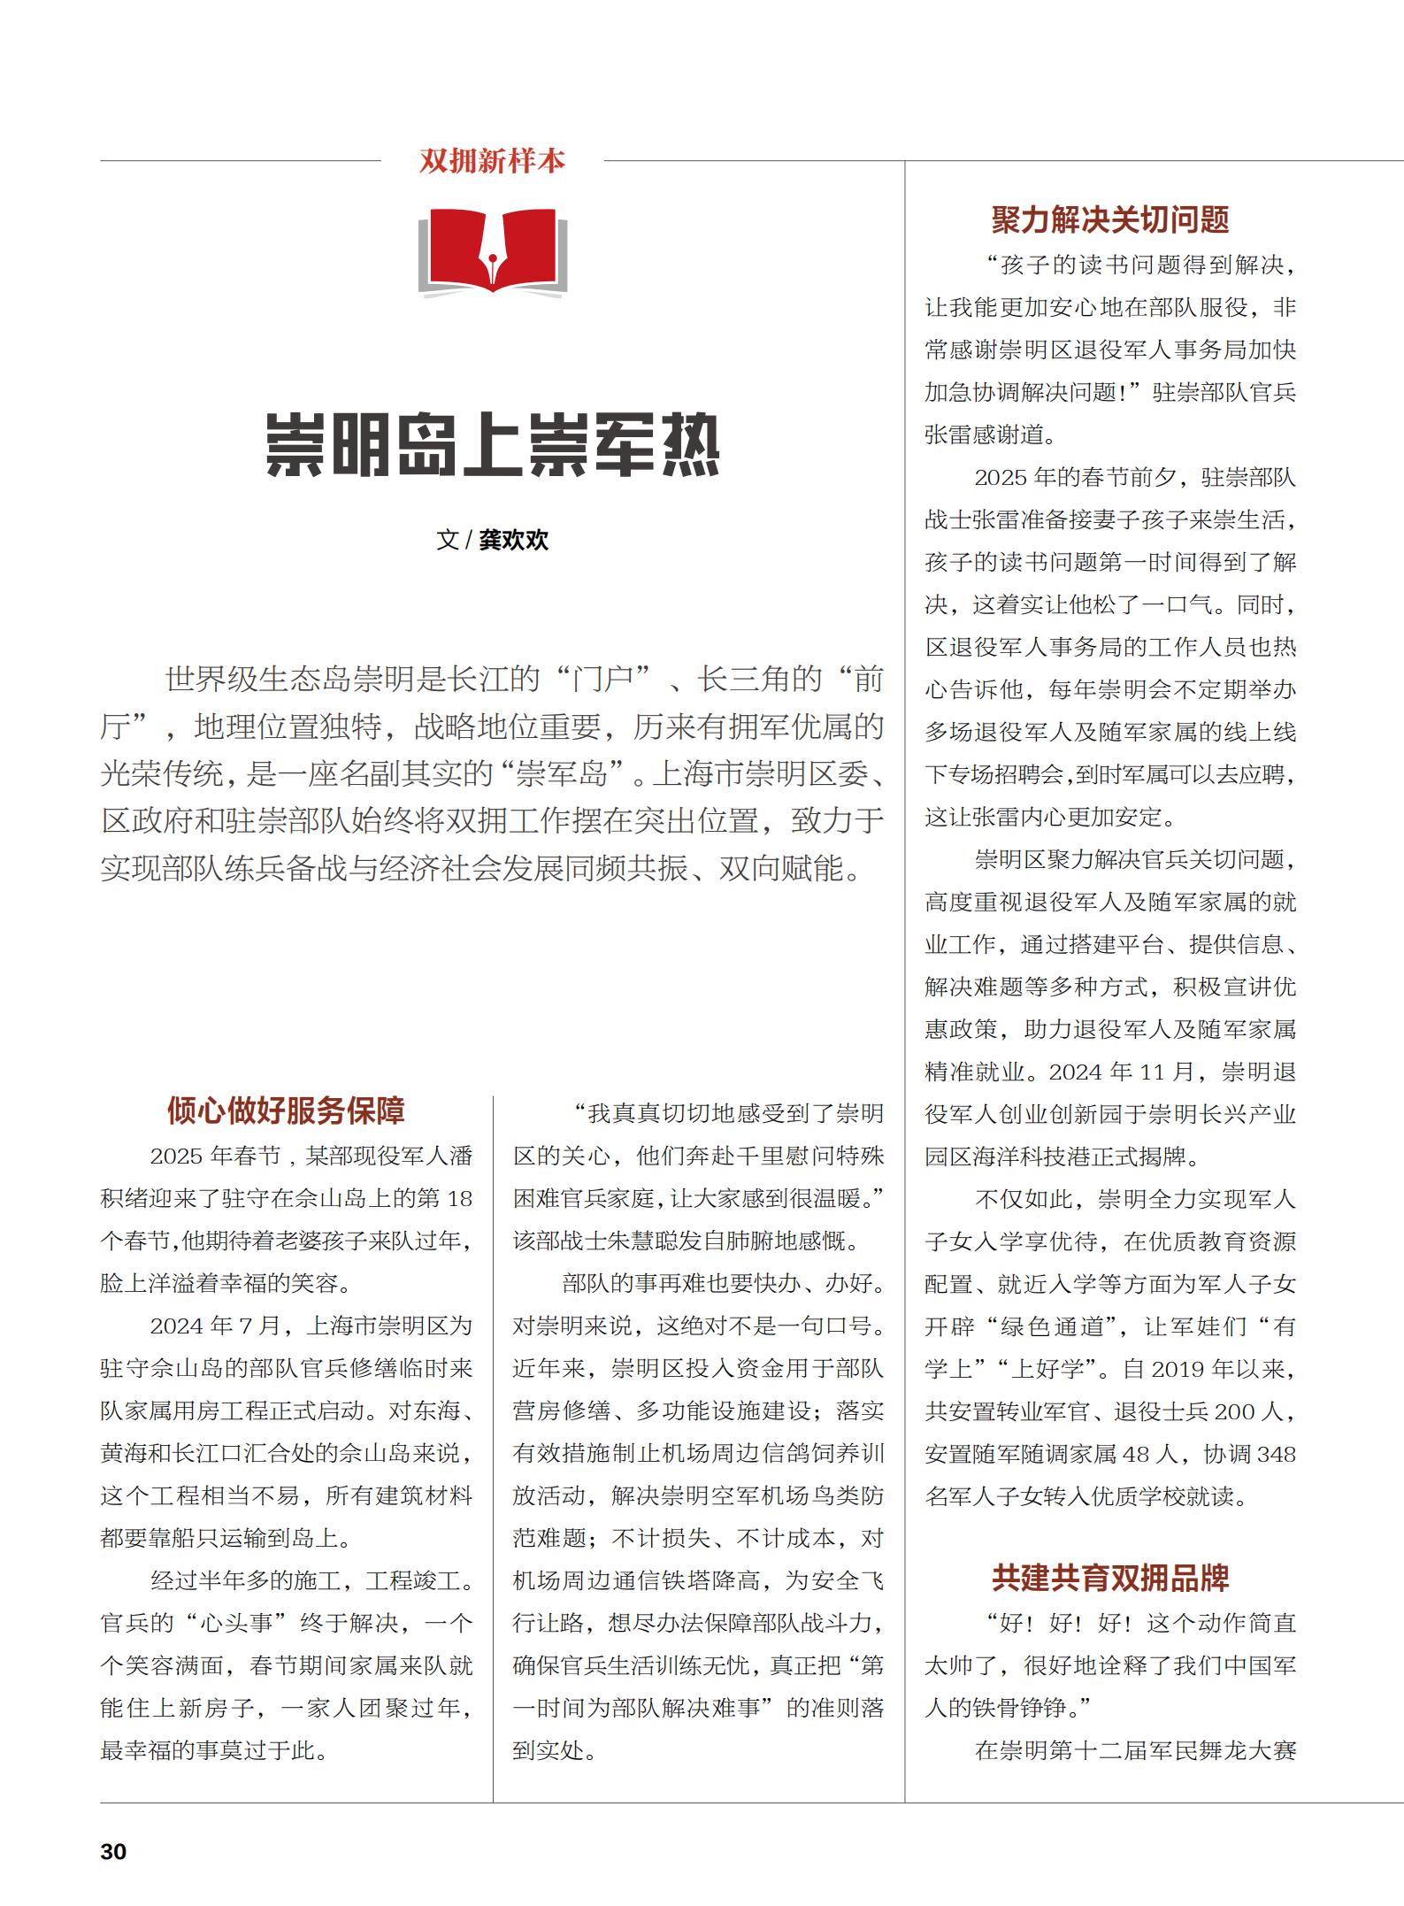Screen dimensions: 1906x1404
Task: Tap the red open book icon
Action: pos(492,250)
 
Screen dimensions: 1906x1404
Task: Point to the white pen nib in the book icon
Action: pos(492,256)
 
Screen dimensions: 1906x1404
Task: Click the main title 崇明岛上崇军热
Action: pos(493,445)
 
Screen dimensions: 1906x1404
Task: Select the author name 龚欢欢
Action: pos(514,540)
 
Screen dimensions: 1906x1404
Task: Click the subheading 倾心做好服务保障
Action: pos(286,1111)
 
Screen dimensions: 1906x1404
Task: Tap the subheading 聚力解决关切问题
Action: pos(1110,219)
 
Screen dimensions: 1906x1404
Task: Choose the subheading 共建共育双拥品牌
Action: pos(1110,1578)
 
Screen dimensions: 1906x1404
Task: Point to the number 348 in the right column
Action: pos(1276,1455)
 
